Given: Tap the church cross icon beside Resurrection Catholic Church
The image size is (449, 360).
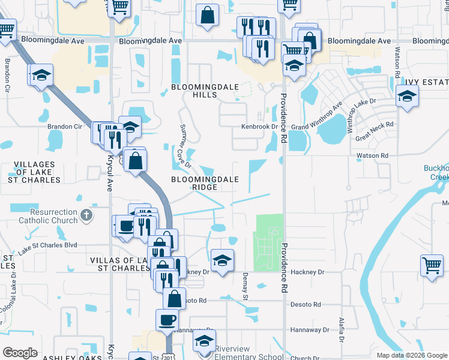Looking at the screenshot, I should tap(86, 214).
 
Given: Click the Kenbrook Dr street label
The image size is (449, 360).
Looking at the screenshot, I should tap(260, 127).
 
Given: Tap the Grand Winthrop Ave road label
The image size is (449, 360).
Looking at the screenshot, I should tap(316, 118).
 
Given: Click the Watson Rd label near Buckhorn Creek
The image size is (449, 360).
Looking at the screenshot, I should tap(372, 155).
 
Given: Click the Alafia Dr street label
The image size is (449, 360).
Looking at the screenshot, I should tap(341, 329).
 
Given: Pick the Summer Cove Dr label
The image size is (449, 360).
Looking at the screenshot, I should tap(184, 146).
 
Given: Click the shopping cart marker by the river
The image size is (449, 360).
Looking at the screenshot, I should tap(433, 265).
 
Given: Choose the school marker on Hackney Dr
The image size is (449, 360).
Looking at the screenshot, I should tap(222, 260).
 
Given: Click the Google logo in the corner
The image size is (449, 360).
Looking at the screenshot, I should tap(20, 353).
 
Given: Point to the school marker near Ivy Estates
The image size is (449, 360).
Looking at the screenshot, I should tap(406, 96).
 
